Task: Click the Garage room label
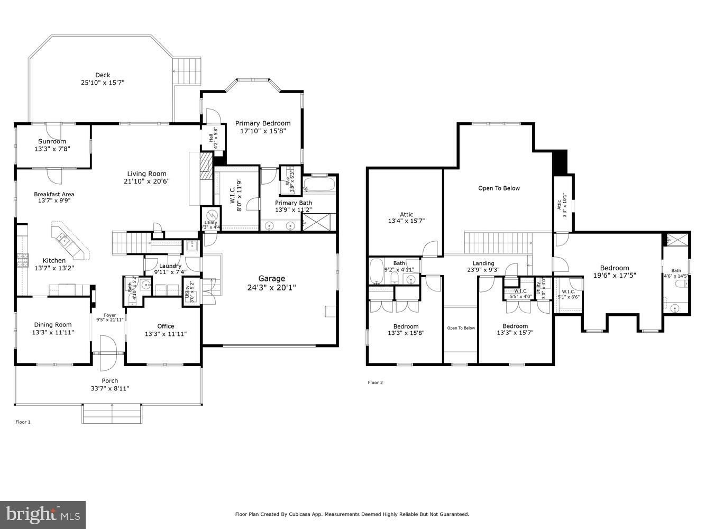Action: [x=271, y=278]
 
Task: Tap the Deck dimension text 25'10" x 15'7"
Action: [x=103, y=83]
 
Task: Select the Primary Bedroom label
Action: [x=263, y=123]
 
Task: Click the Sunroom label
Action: [x=52, y=141]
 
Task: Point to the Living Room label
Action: [x=147, y=174]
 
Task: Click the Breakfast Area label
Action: [x=54, y=194]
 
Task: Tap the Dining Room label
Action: [x=53, y=325]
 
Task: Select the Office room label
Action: [x=166, y=326]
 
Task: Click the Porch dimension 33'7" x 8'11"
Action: [x=109, y=388]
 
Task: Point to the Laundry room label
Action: [x=170, y=266]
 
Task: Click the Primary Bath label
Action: [x=294, y=203]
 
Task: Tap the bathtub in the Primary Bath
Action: [x=319, y=185]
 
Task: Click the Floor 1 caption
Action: [x=23, y=422]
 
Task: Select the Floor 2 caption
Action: [x=375, y=382]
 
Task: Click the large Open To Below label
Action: [x=499, y=188]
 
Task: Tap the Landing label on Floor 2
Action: [x=483, y=263]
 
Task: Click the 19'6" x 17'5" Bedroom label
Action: [x=615, y=268]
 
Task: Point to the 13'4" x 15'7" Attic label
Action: [x=406, y=214]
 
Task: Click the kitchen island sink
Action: [x=65, y=241]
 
